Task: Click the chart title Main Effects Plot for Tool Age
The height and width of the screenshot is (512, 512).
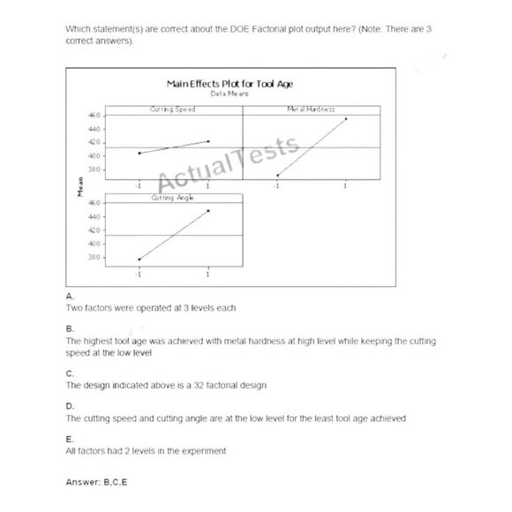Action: coord(230,83)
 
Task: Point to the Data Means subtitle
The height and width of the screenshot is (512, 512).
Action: coord(230,93)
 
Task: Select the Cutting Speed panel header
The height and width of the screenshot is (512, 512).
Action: coord(172,109)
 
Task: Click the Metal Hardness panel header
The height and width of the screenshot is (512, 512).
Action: coord(311,109)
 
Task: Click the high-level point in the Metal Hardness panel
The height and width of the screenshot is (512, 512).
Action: coord(346,118)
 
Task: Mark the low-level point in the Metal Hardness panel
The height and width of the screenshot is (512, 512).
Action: coord(277,175)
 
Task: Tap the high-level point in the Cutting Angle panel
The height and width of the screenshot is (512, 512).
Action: coord(208,210)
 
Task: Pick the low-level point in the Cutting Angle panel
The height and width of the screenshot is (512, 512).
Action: coord(139,260)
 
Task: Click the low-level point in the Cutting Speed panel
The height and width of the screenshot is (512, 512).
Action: coord(139,153)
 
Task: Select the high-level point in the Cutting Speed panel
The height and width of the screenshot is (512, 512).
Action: coord(208,140)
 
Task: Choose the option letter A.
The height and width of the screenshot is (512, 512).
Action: coord(70,297)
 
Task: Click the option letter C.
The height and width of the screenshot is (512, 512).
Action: coord(70,374)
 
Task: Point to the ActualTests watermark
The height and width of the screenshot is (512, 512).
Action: coord(230,163)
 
